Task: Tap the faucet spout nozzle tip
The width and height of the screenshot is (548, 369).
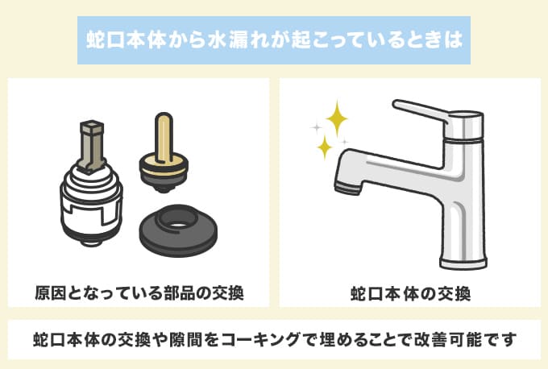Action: (347, 188)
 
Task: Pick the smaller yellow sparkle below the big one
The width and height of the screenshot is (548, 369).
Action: (325, 147)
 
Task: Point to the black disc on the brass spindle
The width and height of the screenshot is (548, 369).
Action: (164, 170)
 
